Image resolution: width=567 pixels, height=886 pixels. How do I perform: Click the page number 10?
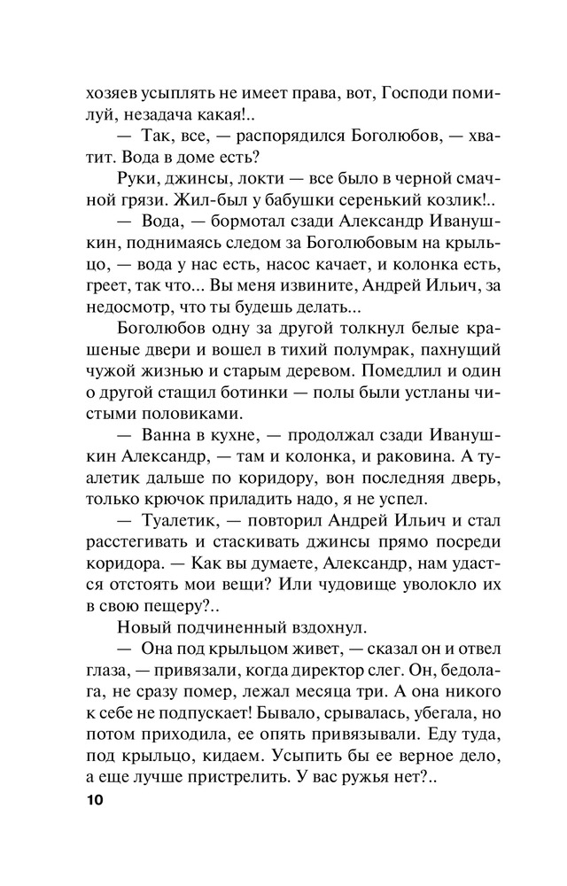pos(95,802)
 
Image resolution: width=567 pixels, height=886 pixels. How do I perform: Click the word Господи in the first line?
pos(415,91)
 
